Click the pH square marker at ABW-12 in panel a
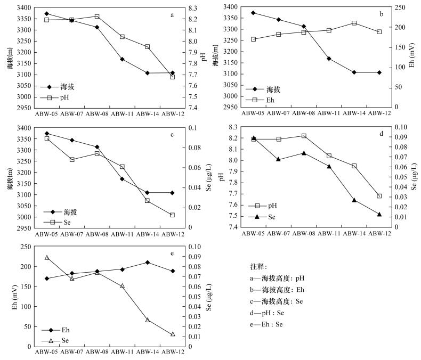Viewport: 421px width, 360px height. point(172,77)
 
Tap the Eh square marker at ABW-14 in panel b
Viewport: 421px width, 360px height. point(354,23)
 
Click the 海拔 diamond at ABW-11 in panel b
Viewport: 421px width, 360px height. point(329,59)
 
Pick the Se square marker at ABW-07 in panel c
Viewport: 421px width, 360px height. point(72,159)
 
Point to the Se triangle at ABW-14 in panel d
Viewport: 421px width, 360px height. point(354,200)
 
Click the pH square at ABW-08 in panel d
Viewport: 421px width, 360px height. point(304,136)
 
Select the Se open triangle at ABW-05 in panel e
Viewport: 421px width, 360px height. point(47,257)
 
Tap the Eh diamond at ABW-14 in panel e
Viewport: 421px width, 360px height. point(147,262)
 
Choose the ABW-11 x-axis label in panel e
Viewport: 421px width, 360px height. point(122,351)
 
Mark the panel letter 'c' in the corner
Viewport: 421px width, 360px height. point(172,134)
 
